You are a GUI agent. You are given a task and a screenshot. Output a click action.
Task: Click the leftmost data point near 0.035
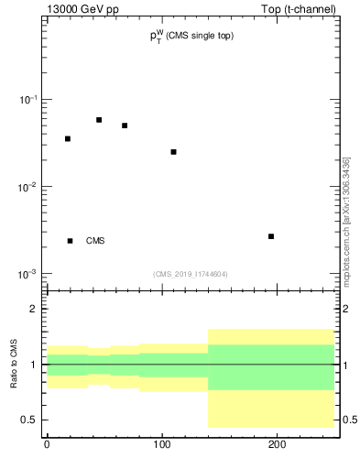click(68, 138)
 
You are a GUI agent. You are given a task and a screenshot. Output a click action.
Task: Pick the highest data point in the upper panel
click(99, 120)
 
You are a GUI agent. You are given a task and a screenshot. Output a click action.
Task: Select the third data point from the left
click(125, 125)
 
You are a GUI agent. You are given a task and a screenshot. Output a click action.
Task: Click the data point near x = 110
click(173, 151)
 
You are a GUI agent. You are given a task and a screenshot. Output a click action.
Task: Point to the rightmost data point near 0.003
click(271, 236)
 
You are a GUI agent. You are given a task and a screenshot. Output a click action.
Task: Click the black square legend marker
click(70, 241)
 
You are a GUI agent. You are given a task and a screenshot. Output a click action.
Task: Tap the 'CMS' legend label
click(95, 241)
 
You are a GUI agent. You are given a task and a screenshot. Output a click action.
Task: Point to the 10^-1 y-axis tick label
click(29, 100)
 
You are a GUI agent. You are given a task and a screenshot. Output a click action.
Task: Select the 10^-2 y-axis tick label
click(29, 187)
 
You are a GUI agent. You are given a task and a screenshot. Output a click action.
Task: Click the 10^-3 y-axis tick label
click(29, 275)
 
